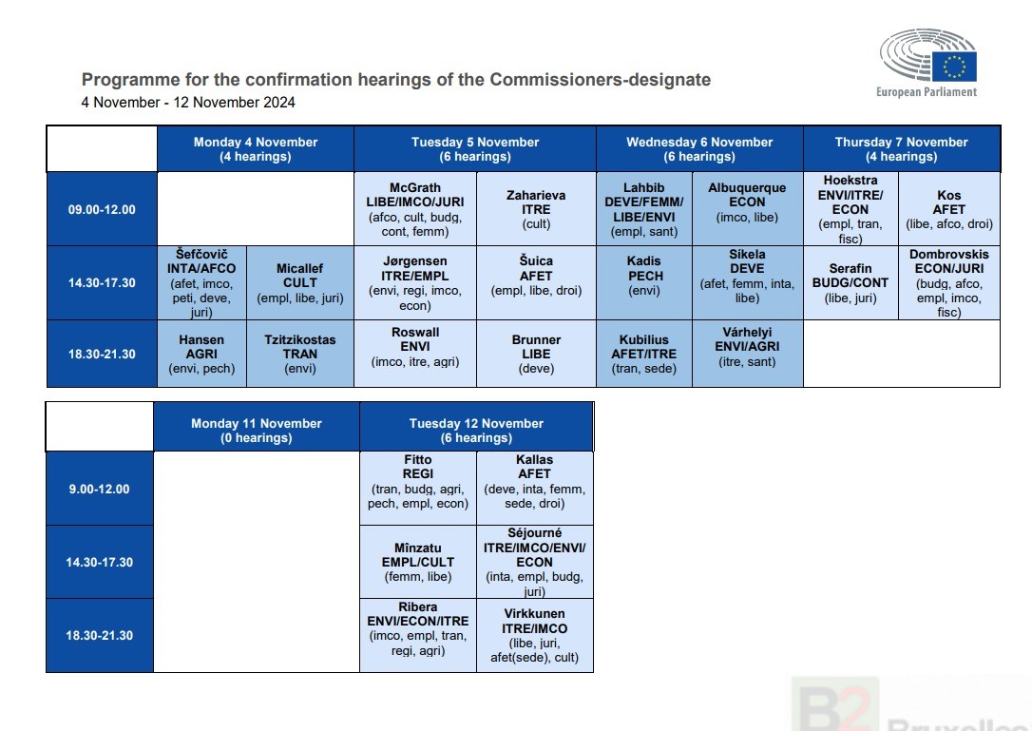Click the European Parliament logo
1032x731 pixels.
click(927, 64)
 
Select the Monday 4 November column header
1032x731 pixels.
click(256, 149)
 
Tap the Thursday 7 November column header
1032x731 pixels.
click(901, 149)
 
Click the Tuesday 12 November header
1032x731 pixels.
click(476, 430)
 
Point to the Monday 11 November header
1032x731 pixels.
click(257, 430)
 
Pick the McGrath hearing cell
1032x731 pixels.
click(415, 209)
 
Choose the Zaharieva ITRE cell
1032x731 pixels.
click(536, 209)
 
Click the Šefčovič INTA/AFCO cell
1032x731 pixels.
click(201, 283)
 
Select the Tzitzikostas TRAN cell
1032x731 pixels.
click(300, 354)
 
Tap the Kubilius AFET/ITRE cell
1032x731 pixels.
click(644, 354)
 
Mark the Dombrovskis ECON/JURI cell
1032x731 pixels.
click(949, 283)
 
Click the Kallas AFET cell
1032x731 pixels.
click(534, 488)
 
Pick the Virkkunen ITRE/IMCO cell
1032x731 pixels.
click(534, 636)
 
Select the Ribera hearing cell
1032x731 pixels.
click(418, 636)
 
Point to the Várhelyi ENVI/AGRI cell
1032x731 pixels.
click(747, 354)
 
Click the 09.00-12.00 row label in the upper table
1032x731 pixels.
click(102, 209)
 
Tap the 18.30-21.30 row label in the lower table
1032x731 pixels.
click(100, 636)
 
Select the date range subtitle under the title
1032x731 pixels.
click(188, 103)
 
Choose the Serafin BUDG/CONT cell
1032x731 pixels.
click(850, 283)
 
